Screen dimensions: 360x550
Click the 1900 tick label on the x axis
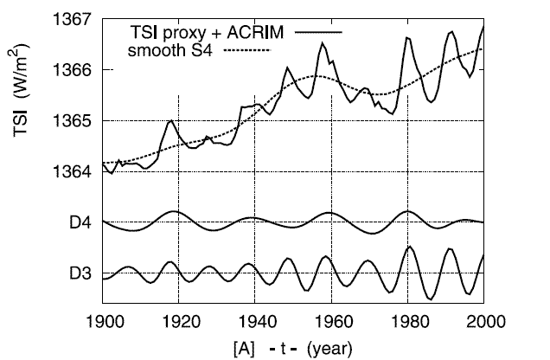(103, 321)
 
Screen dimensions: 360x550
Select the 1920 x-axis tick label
(179, 321)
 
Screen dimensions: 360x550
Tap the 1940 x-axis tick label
(255, 321)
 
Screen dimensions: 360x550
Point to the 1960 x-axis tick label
(331, 321)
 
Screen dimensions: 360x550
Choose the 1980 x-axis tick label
(407, 321)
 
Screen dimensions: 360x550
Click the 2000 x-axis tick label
(483, 321)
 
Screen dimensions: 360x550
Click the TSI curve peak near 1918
(171, 121)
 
